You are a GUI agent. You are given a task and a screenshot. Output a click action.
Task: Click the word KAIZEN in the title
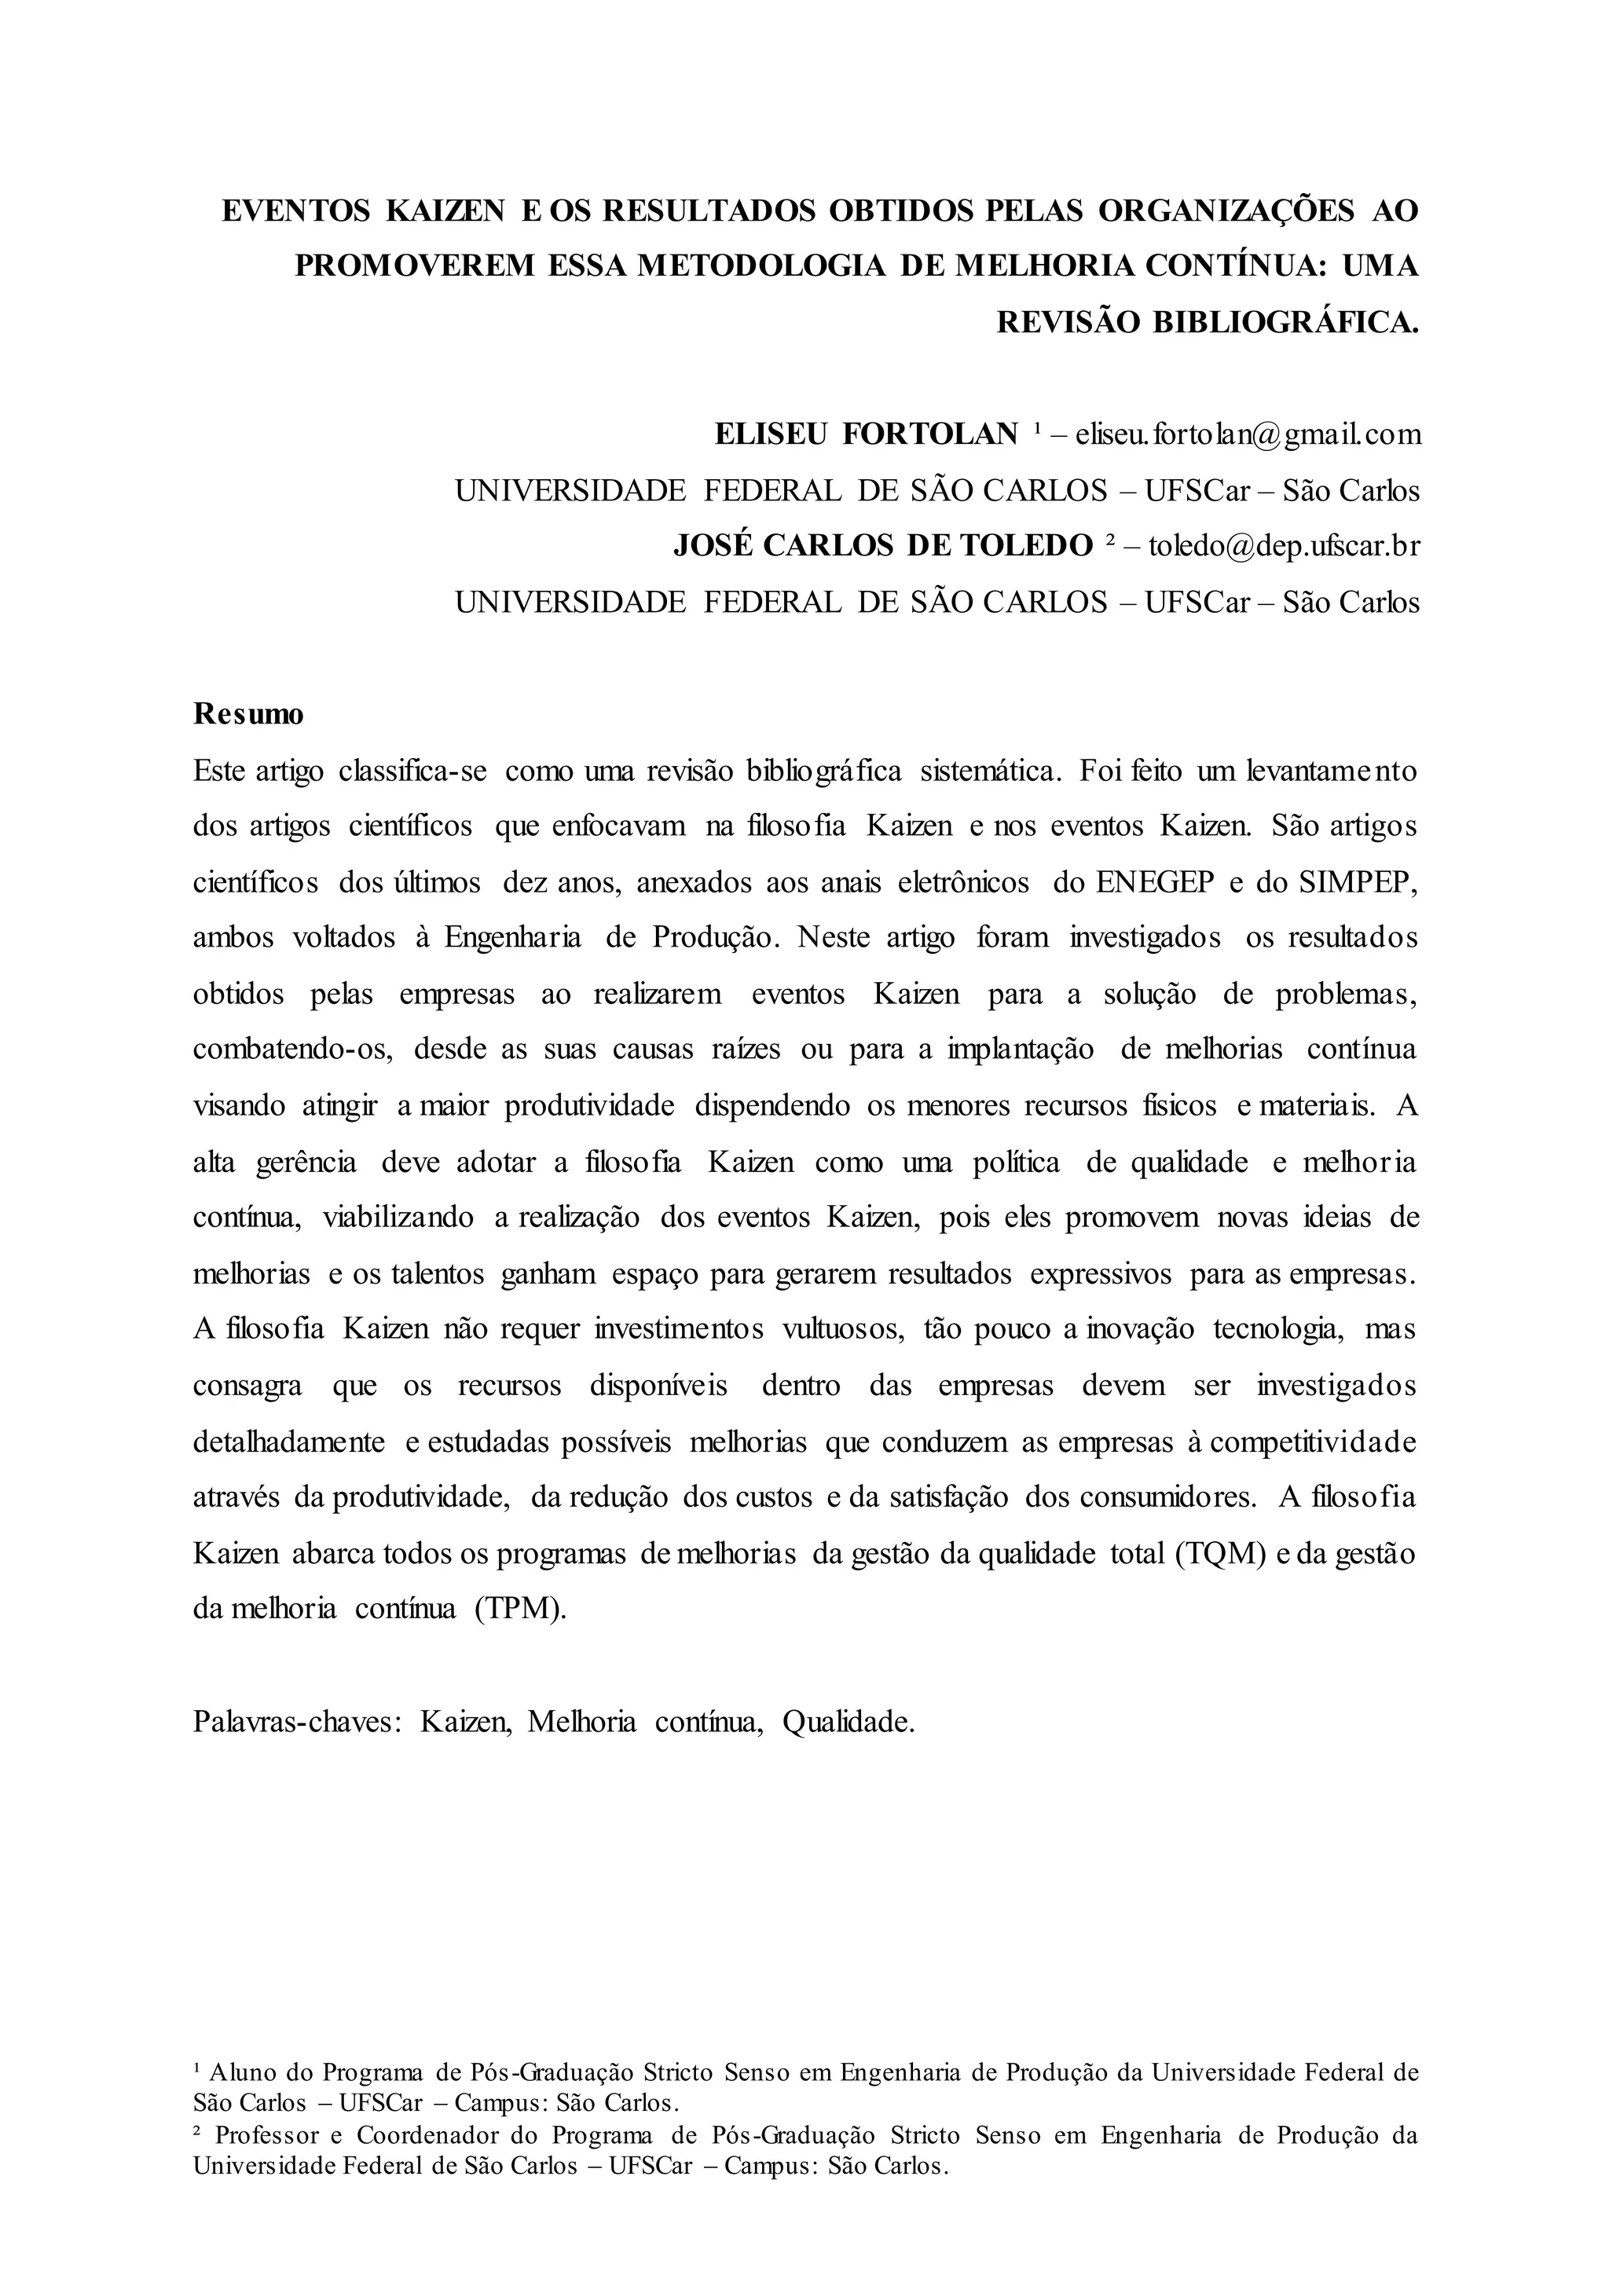tap(445, 211)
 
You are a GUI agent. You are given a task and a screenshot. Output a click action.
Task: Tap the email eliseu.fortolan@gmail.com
tap(1248, 434)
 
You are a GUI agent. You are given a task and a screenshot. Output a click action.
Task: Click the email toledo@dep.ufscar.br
tap(1284, 546)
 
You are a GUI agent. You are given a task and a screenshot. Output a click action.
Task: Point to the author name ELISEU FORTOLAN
tap(866, 434)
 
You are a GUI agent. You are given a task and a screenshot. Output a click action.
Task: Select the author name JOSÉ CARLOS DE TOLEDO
tap(881, 546)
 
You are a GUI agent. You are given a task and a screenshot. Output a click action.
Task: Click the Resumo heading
tap(249, 713)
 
